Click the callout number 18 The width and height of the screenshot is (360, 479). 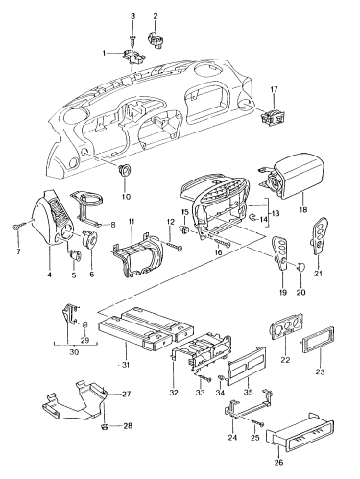click(x=303, y=210)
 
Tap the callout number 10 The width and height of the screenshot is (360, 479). click(x=126, y=197)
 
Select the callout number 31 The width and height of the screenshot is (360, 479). click(x=126, y=365)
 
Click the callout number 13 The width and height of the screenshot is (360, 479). click(x=275, y=214)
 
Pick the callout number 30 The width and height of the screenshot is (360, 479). click(x=74, y=352)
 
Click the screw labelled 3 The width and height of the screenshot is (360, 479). click(x=132, y=39)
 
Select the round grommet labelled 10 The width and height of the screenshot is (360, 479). click(x=124, y=169)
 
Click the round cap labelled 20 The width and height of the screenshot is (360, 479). click(x=301, y=266)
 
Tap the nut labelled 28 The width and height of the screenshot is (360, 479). click(x=105, y=426)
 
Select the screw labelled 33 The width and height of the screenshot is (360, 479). click(x=204, y=378)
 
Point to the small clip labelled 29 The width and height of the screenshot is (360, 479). click(x=85, y=324)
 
